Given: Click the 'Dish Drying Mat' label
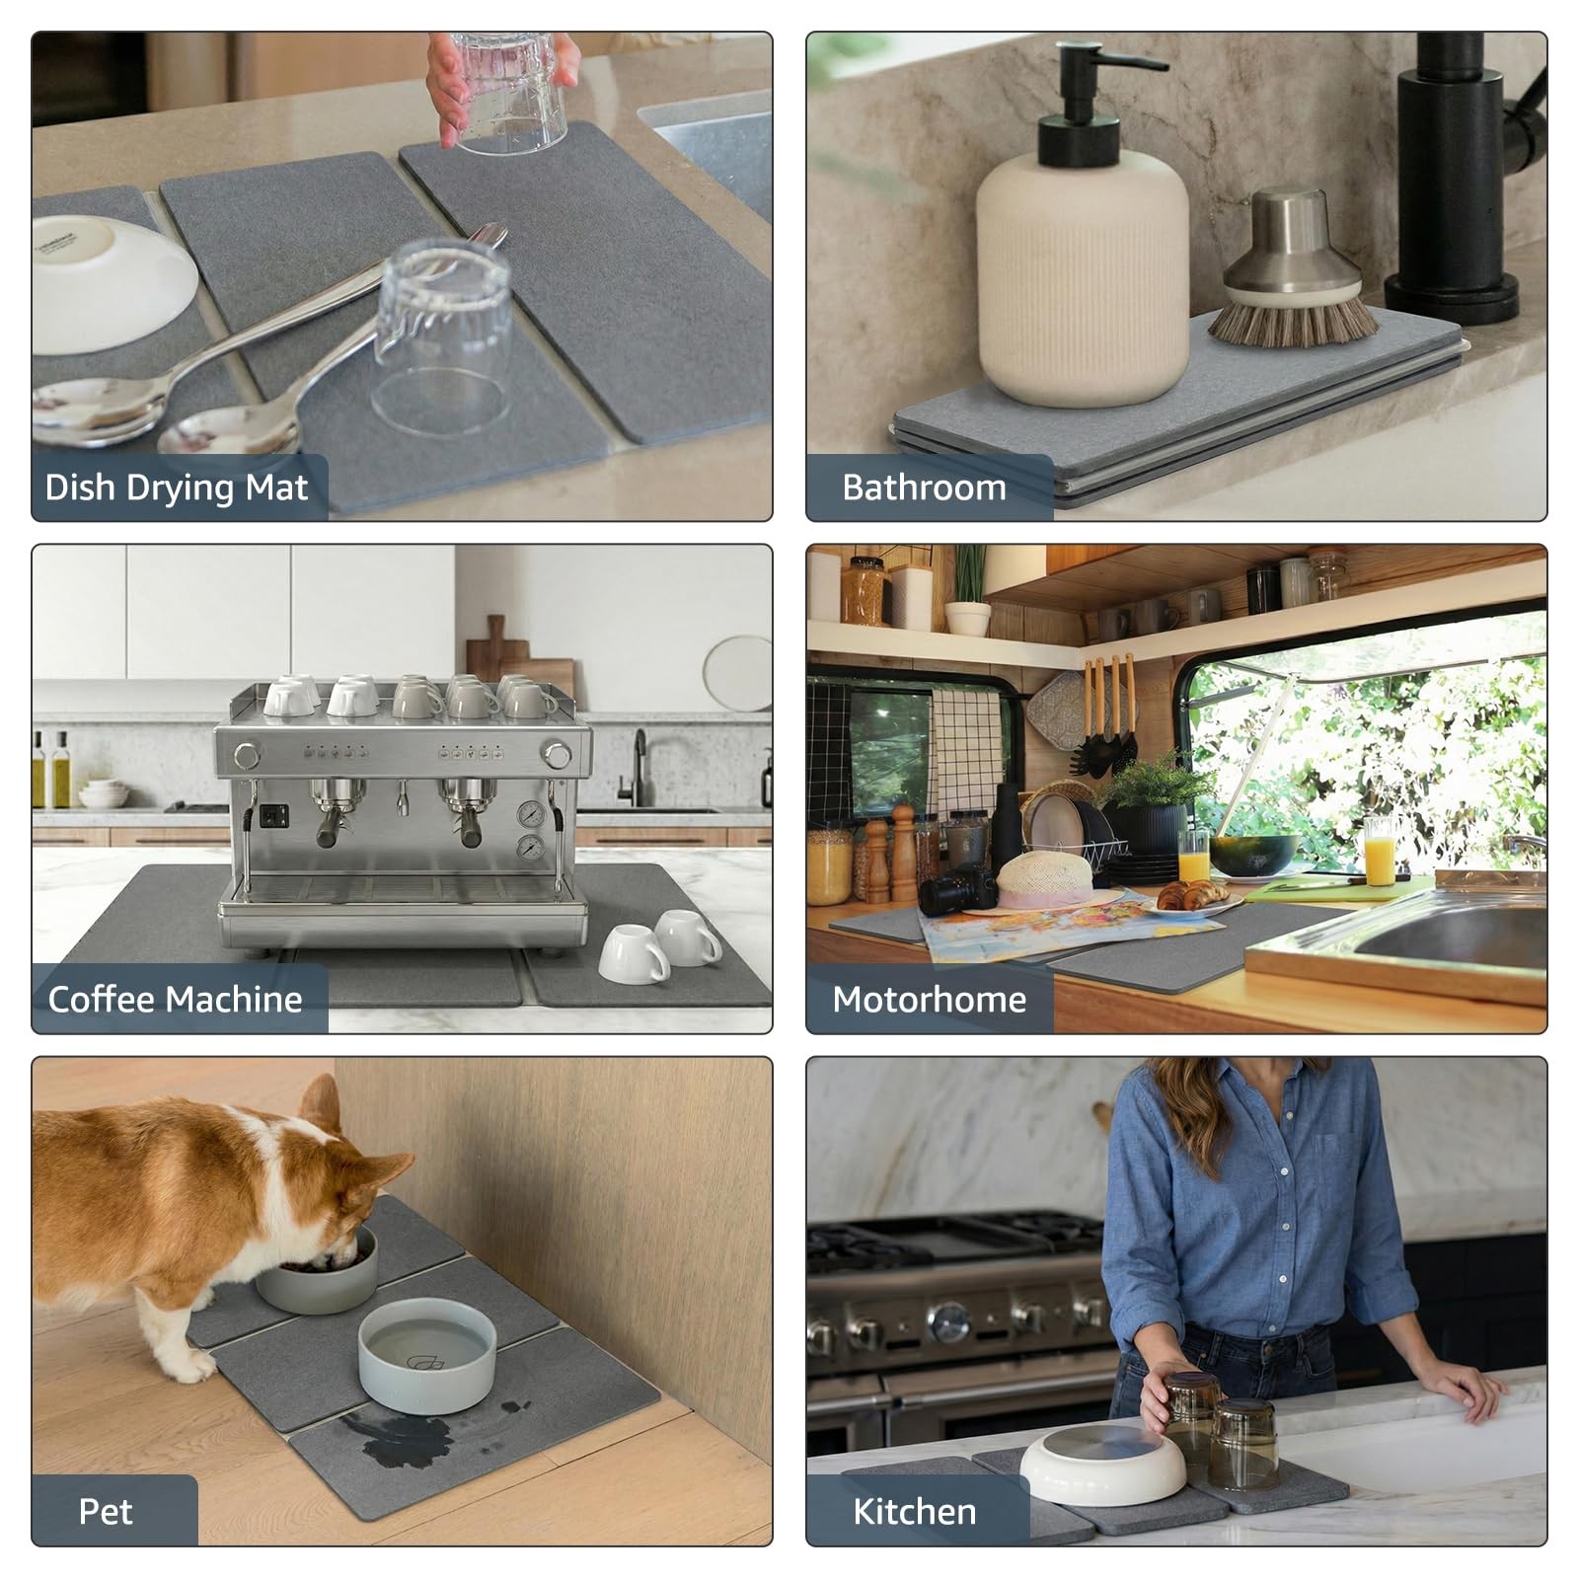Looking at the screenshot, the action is coord(177,488).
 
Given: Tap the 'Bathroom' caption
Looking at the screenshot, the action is coord(924,488).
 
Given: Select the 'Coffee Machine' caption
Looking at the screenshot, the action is coord(176,1000).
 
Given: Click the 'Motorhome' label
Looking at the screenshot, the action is coord(930,1000).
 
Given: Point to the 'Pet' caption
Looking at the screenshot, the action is coord(106,1512).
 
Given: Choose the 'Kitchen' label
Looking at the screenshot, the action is coord(915,1512).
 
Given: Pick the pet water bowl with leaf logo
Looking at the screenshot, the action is coord(427,1342).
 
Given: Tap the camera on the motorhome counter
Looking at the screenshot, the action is coord(957,888).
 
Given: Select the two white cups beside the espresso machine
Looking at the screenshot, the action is coord(661,944).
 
